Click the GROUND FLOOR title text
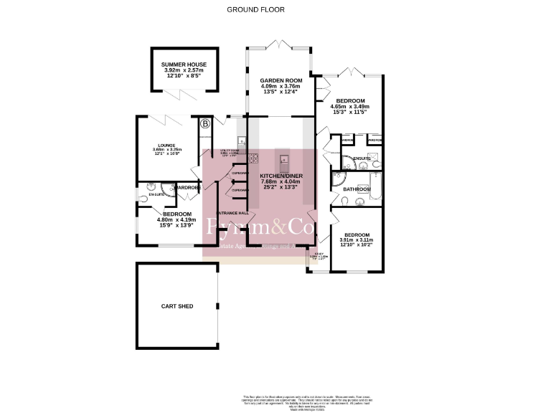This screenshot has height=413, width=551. tap(255, 10)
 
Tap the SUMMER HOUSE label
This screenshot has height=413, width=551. tap(184, 65)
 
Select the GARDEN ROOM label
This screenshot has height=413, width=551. tap(280, 81)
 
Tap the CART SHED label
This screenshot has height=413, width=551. tap(176, 306)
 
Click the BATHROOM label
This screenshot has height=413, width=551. tap(357, 189)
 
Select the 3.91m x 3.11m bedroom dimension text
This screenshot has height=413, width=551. tap(357, 241)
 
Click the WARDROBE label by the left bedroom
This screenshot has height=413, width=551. tap(185, 188)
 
